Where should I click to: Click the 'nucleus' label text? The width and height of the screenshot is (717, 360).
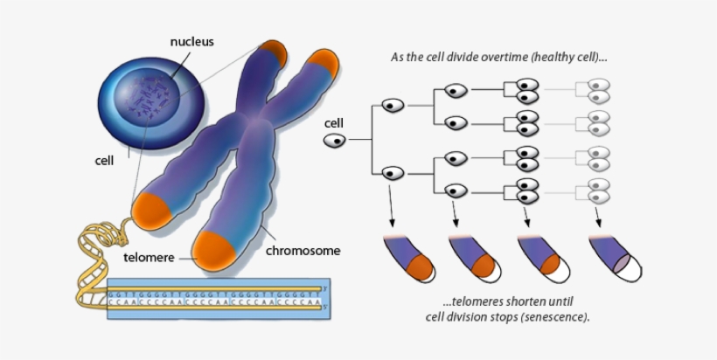pos(191,41)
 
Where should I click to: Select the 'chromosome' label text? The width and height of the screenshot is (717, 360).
pos(303,251)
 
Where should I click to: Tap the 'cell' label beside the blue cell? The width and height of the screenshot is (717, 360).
pos(105,161)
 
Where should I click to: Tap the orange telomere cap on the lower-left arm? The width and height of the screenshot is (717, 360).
pos(151,207)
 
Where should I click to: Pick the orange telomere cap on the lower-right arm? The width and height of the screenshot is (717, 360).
pos(217,247)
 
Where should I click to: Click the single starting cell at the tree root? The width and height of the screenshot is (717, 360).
pos(335,141)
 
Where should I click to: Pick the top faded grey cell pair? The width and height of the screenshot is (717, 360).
pos(598,92)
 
